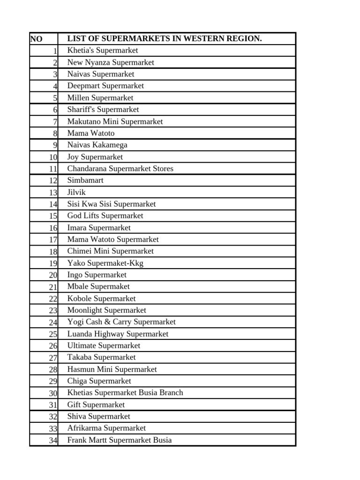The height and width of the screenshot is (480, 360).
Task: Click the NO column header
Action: [36, 39]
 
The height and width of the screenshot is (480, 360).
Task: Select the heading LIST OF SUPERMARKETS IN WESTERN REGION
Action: [165, 38]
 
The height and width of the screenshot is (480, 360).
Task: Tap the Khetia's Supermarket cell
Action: [103, 50]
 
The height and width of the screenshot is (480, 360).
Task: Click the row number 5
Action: [55, 98]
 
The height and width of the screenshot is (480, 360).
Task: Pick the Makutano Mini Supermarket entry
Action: [115, 121]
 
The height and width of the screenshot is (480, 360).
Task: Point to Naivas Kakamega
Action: [97, 145]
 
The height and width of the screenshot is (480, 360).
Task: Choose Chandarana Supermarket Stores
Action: [120, 168]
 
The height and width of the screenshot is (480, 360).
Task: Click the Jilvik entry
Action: [76, 192]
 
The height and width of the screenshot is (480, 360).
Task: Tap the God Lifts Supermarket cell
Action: [105, 216]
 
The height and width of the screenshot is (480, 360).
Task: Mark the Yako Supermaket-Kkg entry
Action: [105, 263]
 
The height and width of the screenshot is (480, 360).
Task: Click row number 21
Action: [52, 287]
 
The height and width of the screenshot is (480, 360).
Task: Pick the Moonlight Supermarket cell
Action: [106, 310]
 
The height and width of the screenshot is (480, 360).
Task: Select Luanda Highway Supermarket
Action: [118, 334]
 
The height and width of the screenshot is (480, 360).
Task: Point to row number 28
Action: [52, 369]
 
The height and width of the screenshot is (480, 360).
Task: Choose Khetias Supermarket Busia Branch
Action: [125, 392]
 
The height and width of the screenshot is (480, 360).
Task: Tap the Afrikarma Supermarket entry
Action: [106, 428]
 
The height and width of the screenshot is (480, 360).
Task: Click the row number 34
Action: [52, 440]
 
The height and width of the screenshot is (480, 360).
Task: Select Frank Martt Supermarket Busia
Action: [120, 440]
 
